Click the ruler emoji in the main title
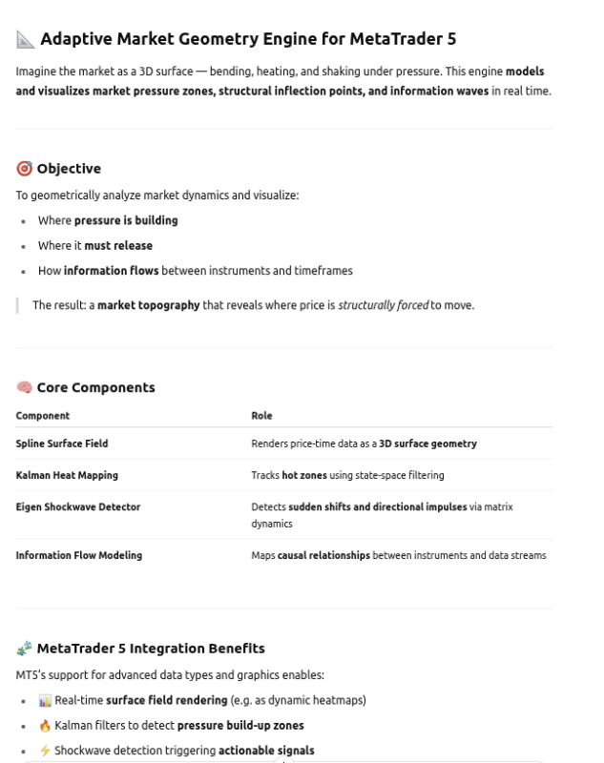pos(25,39)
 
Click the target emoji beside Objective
pos(24,169)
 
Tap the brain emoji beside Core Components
pos(24,387)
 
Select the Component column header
pos(42,416)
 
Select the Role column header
pos(261,416)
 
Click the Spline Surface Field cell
pos(61,443)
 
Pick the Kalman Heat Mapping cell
pos(67,475)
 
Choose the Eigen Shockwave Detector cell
pos(77,506)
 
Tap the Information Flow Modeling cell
pos(78,555)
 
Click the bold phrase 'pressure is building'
pos(126,220)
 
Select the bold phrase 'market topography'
pos(148,305)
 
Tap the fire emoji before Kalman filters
pos(45,726)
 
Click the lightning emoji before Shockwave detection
pos(45,751)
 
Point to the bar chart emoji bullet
pos(45,700)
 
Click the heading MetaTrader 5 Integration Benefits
pos(150,649)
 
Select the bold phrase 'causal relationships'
pos(323,555)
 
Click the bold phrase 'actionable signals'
pos(266,751)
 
